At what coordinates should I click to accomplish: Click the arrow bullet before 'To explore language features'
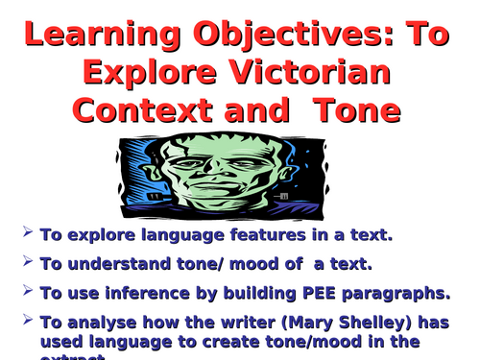click(27, 233)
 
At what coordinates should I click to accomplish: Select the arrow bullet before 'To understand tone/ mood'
click(27, 262)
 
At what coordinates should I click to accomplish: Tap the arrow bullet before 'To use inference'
click(27, 291)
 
